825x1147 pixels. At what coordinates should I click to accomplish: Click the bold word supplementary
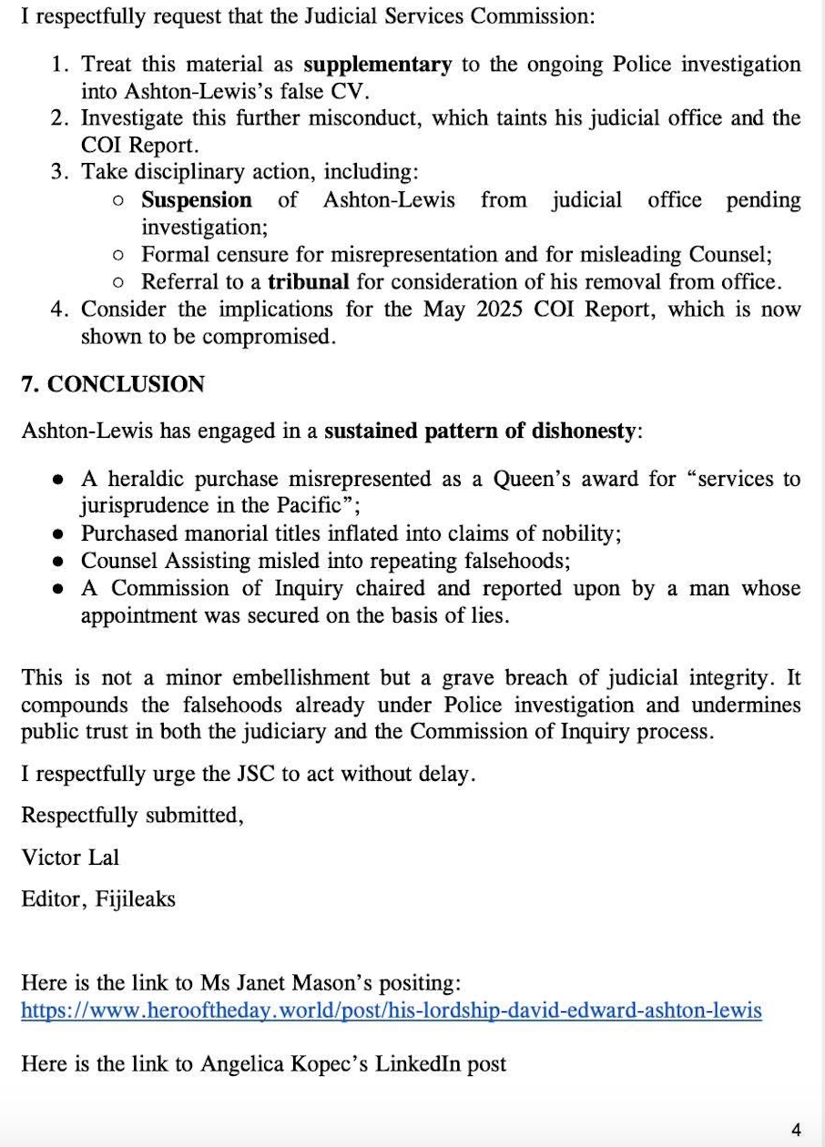click(x=377, y=65)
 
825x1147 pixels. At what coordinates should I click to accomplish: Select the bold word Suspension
click(x=197, y=200)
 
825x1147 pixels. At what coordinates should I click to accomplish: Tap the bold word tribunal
click(x=308, y=282)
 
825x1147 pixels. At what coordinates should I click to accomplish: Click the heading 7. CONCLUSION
click(x=113, y=384)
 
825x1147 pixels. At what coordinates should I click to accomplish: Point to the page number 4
click(x=797, y=1130)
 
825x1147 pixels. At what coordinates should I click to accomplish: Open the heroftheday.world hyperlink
click(x=392, y=1010)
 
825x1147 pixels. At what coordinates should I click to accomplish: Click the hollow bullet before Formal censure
click(x=118, y=255)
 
